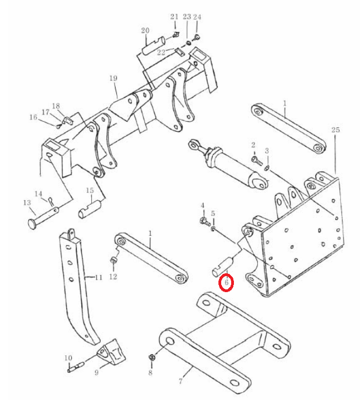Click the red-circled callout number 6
tap(226, 282)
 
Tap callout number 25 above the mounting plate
tap(336, 129)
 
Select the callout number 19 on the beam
tap(113, 78)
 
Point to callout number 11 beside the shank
tap(98, 277)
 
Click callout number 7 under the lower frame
tap(180, 381)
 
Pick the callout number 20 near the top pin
tap(145, 30)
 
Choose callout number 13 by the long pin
tap(27, 203)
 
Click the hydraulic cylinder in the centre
tap(228, 164)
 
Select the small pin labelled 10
tap(76, 367)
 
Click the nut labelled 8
tap(152, 357)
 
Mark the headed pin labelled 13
tap(43, 218)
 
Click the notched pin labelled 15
tap(89, 209)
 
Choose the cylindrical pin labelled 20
tap(154, 45)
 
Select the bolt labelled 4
tap(205, 221)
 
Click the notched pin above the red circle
tap(223, 266)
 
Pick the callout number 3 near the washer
tap(267, 150)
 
